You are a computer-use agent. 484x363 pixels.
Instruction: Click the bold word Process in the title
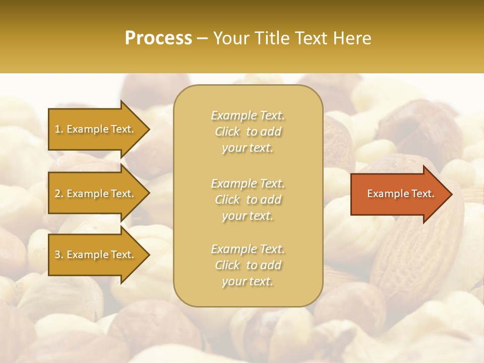point(158,38)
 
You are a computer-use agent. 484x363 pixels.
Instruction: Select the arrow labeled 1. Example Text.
point(96,129)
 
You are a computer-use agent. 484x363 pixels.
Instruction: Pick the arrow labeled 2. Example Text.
point(96,194)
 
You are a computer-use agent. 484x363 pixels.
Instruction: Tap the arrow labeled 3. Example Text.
point(96,255)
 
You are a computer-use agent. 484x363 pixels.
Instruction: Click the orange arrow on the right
point(398,194)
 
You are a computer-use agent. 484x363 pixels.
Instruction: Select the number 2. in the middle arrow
point(59,194)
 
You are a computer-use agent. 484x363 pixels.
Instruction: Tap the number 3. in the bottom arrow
point(59,255)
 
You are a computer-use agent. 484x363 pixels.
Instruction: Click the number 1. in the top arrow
point(58,129)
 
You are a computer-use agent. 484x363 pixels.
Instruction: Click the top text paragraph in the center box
point(248,132)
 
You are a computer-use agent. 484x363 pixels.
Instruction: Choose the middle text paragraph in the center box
point(248,200)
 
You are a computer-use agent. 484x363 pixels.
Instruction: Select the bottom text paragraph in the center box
point(248,265)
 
